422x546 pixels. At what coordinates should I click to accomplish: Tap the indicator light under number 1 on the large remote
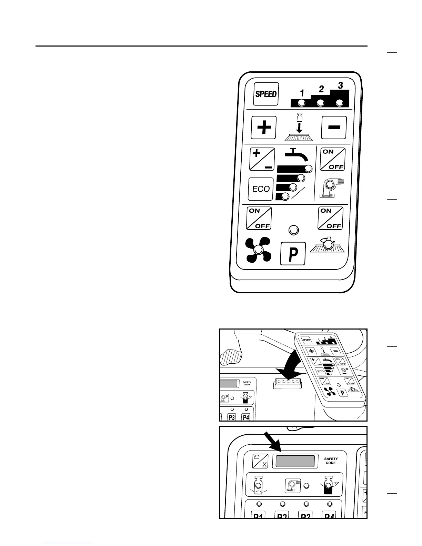(302, 103)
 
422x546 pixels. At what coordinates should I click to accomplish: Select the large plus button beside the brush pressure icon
(264, 128)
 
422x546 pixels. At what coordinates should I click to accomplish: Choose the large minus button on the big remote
(334, 128)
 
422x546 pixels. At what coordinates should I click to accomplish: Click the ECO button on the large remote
(261, 189)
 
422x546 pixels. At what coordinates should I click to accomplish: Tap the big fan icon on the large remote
(258, 250)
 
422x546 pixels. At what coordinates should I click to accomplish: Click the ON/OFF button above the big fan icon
(259, 218)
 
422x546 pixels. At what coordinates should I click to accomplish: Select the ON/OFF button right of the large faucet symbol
(333, 159)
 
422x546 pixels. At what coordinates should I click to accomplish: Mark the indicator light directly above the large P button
(293, 230)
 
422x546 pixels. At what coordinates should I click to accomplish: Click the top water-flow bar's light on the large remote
(309, 169)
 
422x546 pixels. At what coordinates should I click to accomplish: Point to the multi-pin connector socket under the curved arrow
(288, 383)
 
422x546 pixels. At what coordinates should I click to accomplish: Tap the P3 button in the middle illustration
(232, 417)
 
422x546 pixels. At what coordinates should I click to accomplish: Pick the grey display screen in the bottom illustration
(295, 461)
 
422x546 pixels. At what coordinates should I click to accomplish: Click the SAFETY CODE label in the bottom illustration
(331, 461)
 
